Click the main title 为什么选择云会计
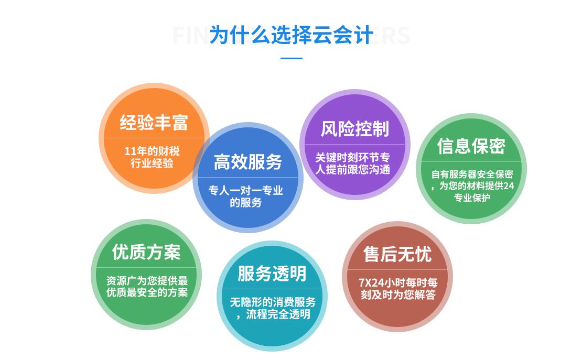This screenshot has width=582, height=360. click(x=292, y=35)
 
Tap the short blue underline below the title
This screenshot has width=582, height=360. click(x=292, y=58)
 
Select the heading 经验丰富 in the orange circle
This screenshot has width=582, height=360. click(x=154, y=123)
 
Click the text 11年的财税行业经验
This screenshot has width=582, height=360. click(x=152, y=157)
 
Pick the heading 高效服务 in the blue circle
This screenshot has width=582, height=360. click(x=247, y=162)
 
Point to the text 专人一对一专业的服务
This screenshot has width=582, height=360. click(x=246, y=197)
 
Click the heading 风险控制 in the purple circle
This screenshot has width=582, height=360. click(x=355, y=129)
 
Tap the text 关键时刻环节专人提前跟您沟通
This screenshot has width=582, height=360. click(x=353, y=163)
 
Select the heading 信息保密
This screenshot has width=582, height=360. click(x=471, y=146)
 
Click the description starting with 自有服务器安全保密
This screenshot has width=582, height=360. click(x=472, y=186)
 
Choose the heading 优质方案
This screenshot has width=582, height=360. click(x=146, y=252)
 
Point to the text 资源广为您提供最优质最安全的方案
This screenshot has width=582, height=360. click(x=147, y=286)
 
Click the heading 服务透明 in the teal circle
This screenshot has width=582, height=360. click(x=272, y=274)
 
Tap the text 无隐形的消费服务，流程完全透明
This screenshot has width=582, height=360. click(x=273, y=308)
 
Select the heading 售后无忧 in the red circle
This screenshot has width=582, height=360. click(x=397, y=254)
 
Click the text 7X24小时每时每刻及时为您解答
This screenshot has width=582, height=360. click(x=398, y=288)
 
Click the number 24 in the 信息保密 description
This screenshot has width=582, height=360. click(x=509, y=186)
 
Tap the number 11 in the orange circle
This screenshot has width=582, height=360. click(x=131, y=151)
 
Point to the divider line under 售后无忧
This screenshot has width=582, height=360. click(x=397, y=270)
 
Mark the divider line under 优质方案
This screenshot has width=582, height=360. click(x=146, y=268)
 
